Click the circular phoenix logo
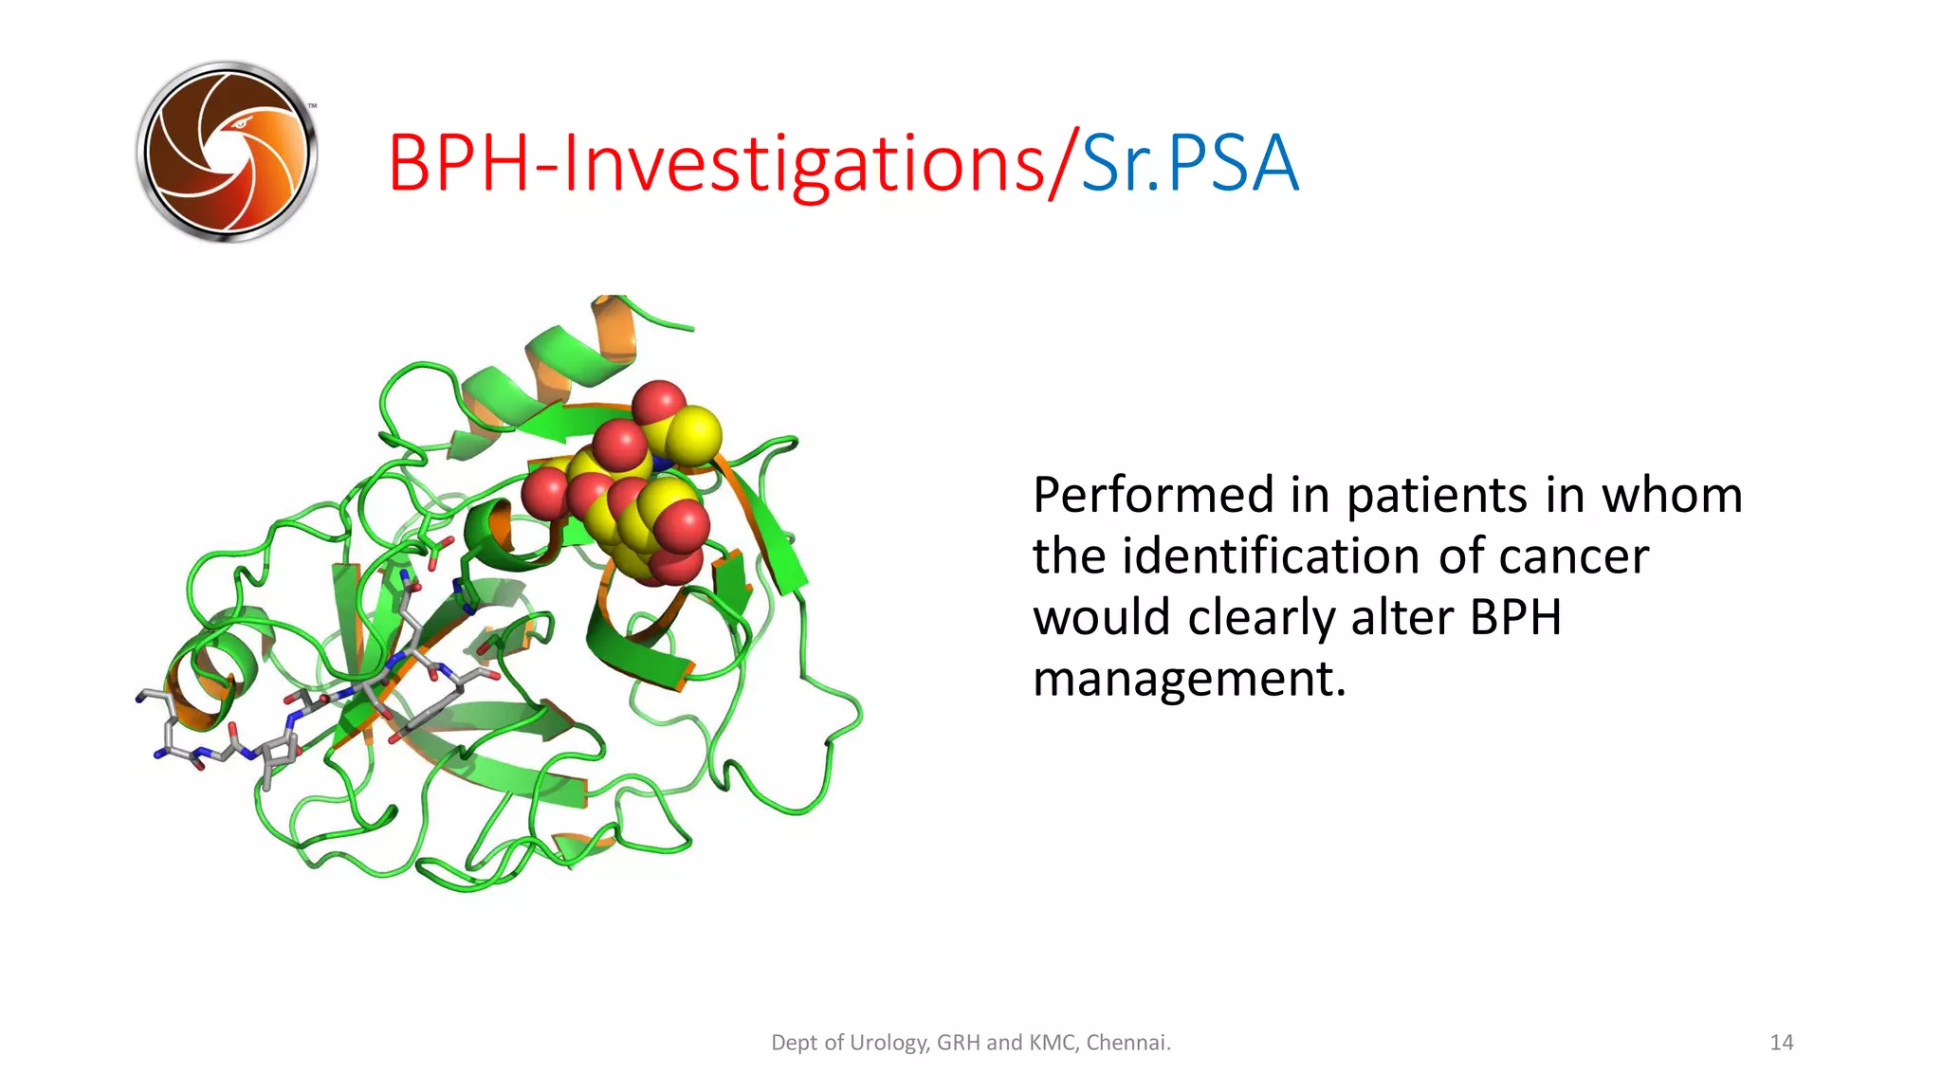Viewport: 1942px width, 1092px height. (x=227, y=152)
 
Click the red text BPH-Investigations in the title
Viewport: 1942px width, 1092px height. (x=716, y=163)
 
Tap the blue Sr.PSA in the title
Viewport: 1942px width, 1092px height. (x=1189, y=163)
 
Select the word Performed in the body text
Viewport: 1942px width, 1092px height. (x=1153, y=495)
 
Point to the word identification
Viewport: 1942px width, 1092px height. (x=1271, y=556)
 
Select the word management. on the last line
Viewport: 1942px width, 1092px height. (x=1189, y=680)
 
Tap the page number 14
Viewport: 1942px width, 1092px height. (x=1781, y=1043)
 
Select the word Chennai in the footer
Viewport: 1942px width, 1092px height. (x=1127, y=1043)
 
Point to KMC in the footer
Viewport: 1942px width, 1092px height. (x=1052, y=1043)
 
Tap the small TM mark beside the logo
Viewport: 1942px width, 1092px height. (x=312, y=106)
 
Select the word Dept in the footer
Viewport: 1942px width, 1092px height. (x=793, y=1043)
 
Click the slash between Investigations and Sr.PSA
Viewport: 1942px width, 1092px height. (x=1063, y=163)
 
